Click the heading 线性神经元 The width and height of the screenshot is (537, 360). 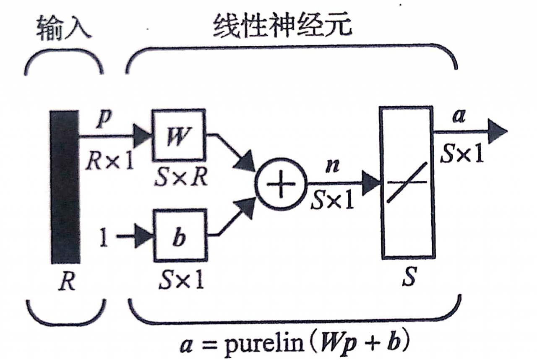(x=282, y=29)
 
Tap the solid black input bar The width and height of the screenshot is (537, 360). (x=65, y=187)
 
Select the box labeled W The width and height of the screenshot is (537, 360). (x=178, y=136)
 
